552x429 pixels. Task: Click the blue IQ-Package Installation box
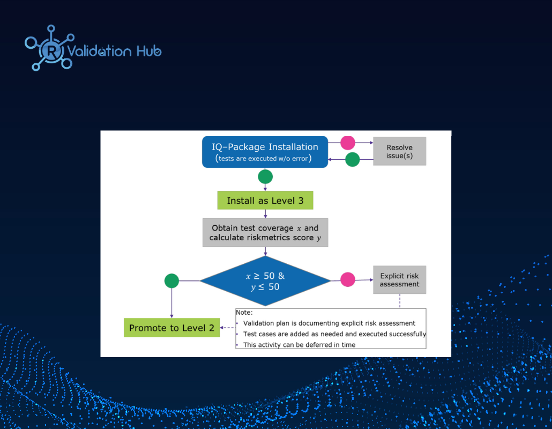point(265,152)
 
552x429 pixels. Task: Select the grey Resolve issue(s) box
point(400,151)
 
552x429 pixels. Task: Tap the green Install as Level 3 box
point(265,201)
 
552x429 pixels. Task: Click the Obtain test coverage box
point(265,232)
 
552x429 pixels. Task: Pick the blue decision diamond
point(265,280)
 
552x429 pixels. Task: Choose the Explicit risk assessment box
point(400,280)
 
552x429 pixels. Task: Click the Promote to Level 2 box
point(171,328)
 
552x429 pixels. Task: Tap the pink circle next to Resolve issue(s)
point(348,143)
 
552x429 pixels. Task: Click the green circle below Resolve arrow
point(353,159)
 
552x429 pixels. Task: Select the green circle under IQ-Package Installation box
point(265,176)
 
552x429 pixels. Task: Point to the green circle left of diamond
point(171,280)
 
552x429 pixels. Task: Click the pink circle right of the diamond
point(348,280)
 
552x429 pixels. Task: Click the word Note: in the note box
point(244,313)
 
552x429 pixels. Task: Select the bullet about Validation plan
point(329,323)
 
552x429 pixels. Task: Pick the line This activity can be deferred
point(299,345)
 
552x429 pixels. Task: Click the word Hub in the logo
point(149,51)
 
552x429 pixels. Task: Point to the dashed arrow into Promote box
point(227,328)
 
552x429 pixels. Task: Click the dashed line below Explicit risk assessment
point(400,301)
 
